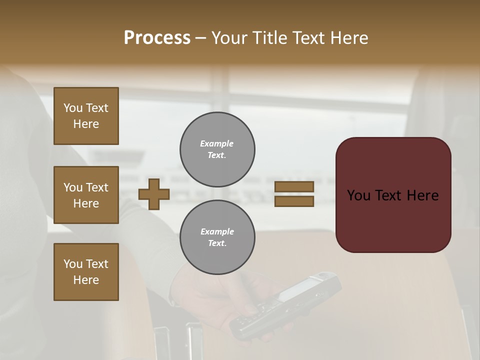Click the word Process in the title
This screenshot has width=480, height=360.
click(157, 38)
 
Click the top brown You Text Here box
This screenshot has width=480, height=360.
click(86, 116)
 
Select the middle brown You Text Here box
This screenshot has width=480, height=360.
click(86, 195)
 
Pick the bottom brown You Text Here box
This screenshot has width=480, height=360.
click(86, 272)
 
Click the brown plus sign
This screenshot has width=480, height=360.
click(154, 194)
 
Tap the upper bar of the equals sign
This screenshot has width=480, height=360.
click(294, 186)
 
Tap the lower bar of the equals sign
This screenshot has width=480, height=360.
click(294, 201)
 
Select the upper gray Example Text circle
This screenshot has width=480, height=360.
click(217, 149)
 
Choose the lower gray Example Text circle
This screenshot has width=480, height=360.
click(217, 237)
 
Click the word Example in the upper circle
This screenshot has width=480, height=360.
click(217, 143)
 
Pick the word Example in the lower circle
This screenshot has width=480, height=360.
click(217, 231)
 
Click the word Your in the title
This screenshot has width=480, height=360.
click(230, 38)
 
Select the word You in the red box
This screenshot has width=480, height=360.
click(359, 195)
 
